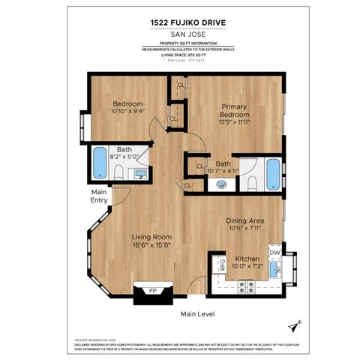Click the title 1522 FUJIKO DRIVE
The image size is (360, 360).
click(x=179, y=22)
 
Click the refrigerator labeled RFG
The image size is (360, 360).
click(x=222, y=263)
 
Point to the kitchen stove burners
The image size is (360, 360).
click(x=247, y=285)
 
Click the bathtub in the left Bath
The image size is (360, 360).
click(x=99, y=163)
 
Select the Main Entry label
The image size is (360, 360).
click(x=100, y=196)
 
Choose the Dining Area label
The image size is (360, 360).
click(x=244, y=221)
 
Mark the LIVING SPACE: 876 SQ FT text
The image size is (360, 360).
click(x=179, y=55)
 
